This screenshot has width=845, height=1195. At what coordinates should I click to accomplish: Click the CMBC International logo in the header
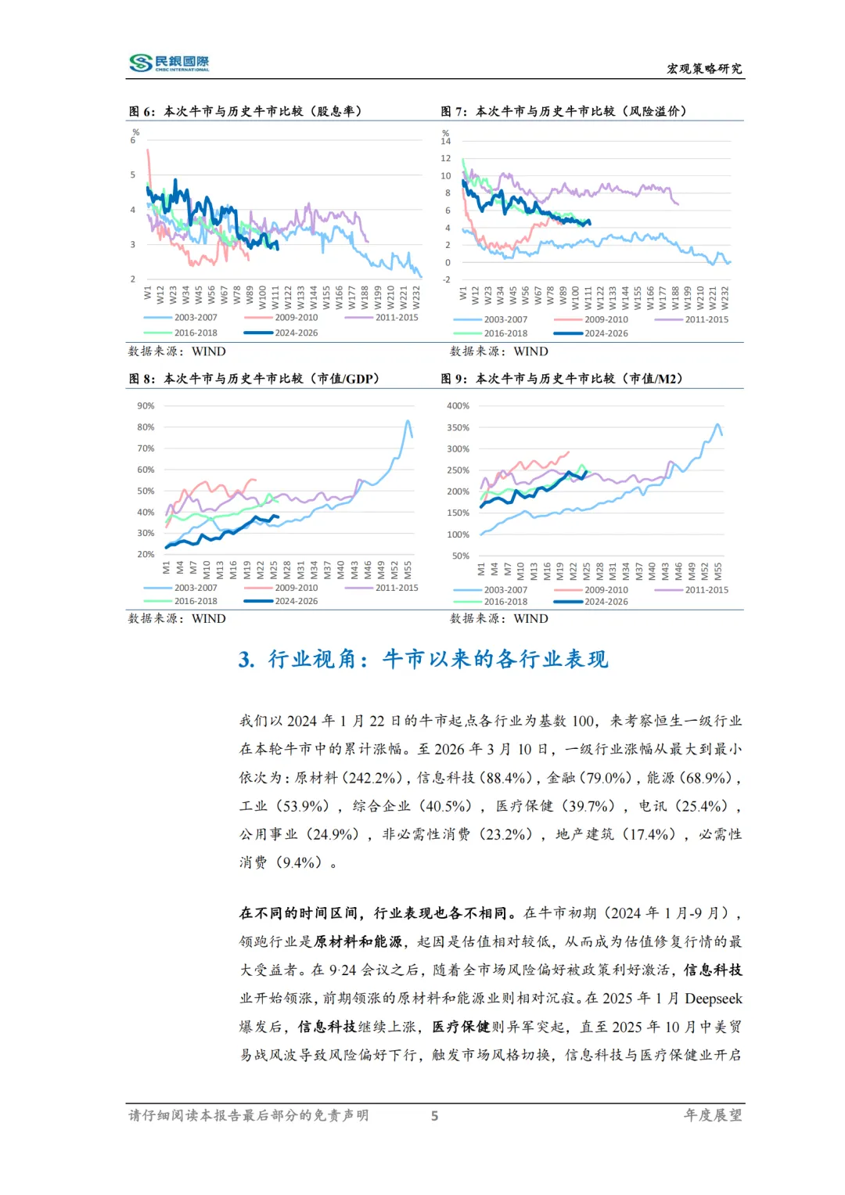point(169,63)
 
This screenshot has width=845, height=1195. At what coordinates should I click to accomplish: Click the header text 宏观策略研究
point(704,69)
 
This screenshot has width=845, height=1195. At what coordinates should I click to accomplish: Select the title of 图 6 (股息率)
point(245,111)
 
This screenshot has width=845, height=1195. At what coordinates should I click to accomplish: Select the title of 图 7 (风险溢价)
point(563,111)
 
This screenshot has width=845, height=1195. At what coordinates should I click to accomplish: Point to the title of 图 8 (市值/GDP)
point(253,379)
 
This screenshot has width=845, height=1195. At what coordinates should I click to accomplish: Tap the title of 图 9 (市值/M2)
point(562,379)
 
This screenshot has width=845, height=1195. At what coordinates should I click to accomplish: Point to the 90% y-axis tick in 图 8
point(146,405)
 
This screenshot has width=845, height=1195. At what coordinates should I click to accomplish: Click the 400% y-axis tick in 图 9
point(458,405)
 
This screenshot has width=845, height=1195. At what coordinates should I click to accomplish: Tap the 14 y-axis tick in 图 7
point(445,141)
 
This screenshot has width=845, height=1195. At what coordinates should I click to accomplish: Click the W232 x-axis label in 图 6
point(416,297)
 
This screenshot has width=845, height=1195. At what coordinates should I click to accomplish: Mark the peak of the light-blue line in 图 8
point(408,421)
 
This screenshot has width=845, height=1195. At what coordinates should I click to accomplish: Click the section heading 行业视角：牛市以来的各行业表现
point(422,659)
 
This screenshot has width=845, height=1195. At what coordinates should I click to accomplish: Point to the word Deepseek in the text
point(714,999)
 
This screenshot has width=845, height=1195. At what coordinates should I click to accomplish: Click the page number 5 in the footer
point(434,1116)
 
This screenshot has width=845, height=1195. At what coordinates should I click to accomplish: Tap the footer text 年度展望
point(713,1115)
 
